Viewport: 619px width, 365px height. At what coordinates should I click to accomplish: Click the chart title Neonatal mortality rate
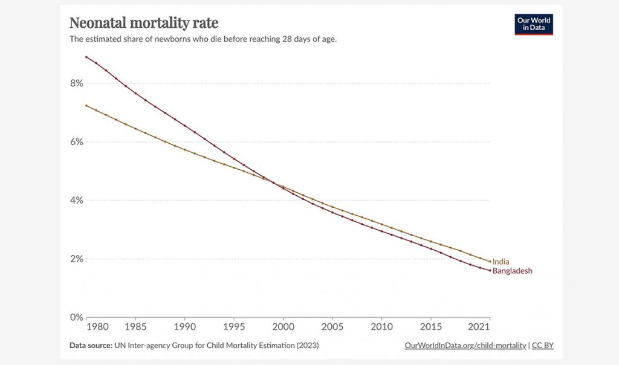coord(144,24)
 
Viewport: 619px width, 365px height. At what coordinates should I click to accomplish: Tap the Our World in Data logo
coord(534,24)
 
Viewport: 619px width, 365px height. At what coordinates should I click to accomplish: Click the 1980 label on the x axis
coord(97,327)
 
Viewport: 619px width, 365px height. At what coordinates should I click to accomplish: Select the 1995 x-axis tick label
coord(234,327)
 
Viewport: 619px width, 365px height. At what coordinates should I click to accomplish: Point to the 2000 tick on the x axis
coord(283,327)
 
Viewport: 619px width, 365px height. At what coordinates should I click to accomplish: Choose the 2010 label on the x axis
coord(381,327)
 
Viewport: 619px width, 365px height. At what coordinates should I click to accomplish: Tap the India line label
coord(501,262)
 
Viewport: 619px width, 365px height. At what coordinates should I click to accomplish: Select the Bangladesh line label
coord(512,271)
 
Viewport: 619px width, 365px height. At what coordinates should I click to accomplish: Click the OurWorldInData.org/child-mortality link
coord(465,346)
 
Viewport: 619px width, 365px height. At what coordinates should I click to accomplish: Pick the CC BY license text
coord(543,346)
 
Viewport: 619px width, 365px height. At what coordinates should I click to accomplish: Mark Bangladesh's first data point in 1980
coord(86,57)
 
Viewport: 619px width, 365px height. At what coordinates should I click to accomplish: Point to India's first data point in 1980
coord(86,105)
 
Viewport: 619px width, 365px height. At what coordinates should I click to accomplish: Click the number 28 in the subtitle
coord(288,39)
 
